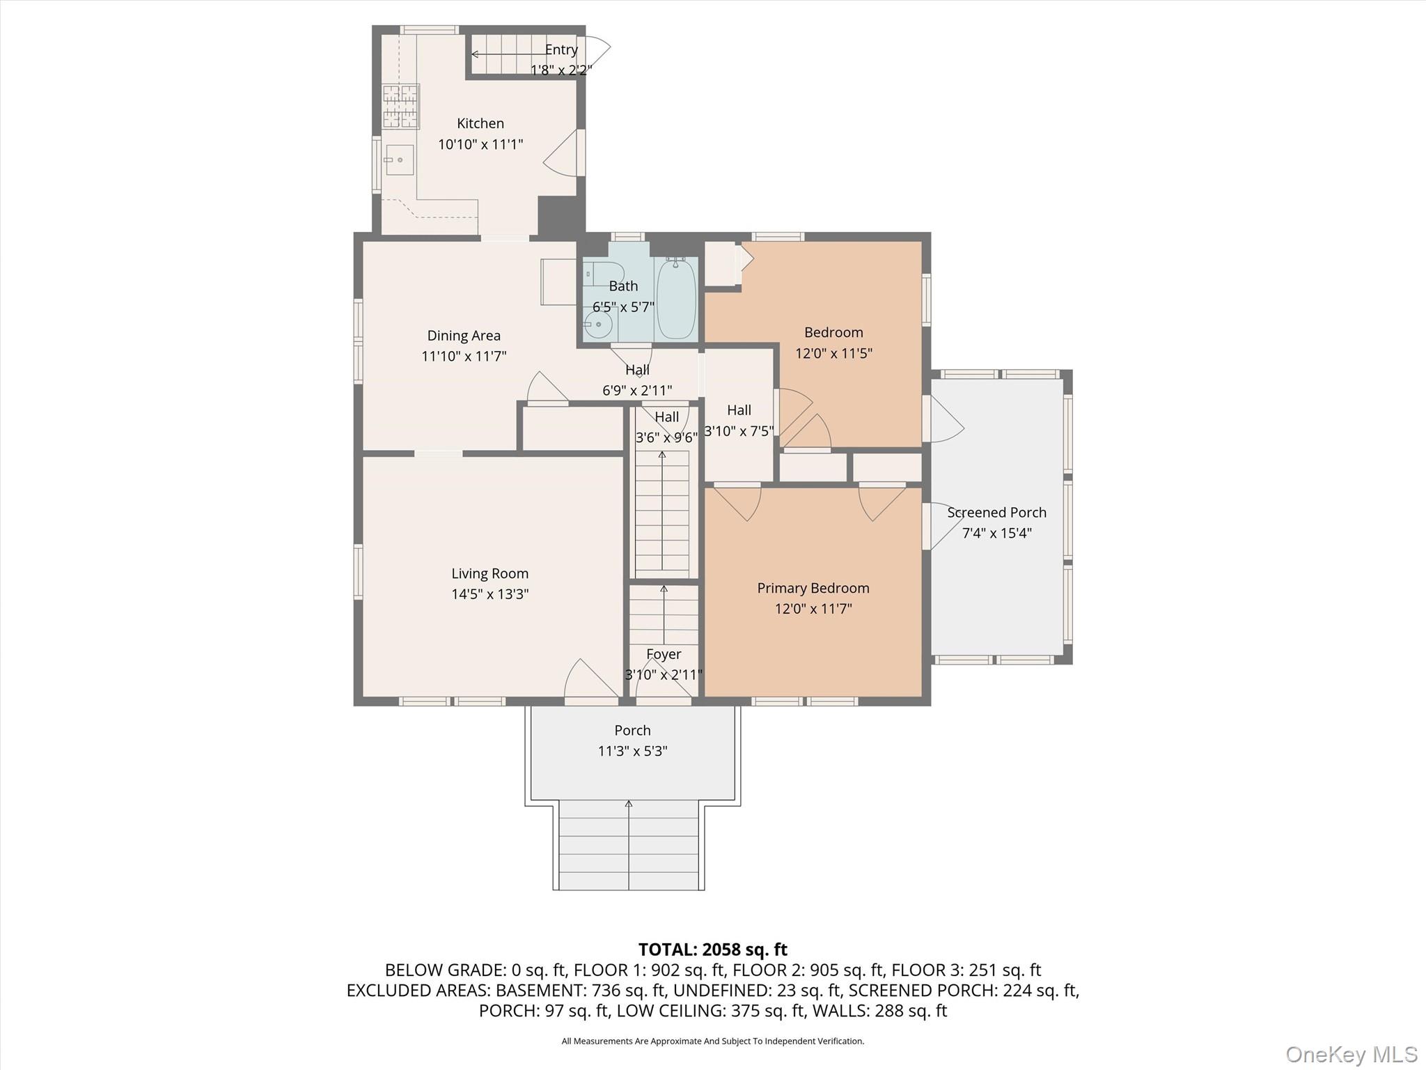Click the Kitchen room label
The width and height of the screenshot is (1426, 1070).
point(480,123)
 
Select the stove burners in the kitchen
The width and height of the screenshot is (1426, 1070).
point(400,107)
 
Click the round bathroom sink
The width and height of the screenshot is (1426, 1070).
point(597,325)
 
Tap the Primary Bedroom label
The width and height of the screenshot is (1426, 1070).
point(813,588)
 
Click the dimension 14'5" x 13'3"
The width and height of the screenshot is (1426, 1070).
point(489,594)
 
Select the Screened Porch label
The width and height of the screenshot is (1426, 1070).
point(996,513)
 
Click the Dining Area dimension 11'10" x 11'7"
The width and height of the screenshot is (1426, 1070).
point(463,356)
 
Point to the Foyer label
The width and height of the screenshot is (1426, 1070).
point(663,654)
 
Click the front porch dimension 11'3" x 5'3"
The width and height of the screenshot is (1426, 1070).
point(632,751)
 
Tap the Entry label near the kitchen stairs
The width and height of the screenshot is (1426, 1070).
point(561,49)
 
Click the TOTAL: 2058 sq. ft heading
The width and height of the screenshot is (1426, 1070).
point(712,949)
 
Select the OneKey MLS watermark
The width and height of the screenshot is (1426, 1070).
point(1351,1054)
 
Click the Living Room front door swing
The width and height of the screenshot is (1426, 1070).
point(590,679)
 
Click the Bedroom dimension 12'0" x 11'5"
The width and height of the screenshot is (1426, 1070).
point(833,353)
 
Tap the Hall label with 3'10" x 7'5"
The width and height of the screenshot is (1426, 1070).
point(739,410)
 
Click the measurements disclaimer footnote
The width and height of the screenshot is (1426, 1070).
point(712,1041)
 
